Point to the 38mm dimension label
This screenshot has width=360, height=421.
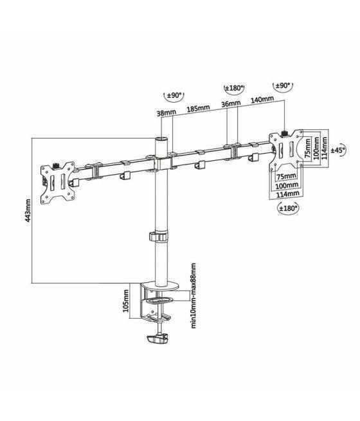[x=166, y=112]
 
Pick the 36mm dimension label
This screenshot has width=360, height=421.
[x=231, y=103]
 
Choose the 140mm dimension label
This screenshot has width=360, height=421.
[x=262, y=100]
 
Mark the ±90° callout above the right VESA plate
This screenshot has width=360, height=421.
[x=282, y=85]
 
